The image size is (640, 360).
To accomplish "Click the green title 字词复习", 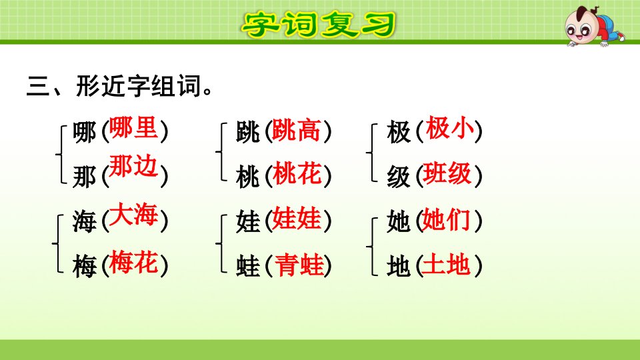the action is pyautogui.click(x=319, y=25).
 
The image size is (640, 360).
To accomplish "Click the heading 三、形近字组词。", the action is pyautogui.click(x=120, y=86).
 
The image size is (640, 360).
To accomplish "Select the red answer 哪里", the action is pyautogui.click(x=133, y=127).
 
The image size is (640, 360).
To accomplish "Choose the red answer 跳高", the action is pyautogui.click(x=296, y=131).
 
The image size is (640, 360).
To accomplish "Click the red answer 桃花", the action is pyautogui.click(x=296, y=173).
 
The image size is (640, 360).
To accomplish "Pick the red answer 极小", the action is pyautogui.click(x=449, y=128).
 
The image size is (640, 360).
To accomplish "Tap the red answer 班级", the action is pyautogui.click(x=447, y=173).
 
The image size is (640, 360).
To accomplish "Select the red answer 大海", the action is pyautogui.click(x=133, y=214).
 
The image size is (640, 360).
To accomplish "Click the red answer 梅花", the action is pyautogui.click(x=133, y=262).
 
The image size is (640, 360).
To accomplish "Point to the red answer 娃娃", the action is pyautogui.click(x=296, y=219).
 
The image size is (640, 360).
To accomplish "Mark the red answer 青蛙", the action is pyautogui.click(x=299, y=265).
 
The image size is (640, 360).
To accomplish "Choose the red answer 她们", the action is pyautogui.click(x=445, y=219).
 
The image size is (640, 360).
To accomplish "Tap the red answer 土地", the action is pyautogui.click(x=445, y=264).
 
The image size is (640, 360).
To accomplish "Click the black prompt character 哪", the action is pyautogui.click(x=85, y=132).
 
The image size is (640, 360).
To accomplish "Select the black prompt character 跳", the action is pyautogui.click(x=248, y=132).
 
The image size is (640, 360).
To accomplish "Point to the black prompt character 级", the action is pyautogui.click(x=399, y=177).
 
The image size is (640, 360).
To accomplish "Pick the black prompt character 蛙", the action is pyautogui.click(x=248, y=266).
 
